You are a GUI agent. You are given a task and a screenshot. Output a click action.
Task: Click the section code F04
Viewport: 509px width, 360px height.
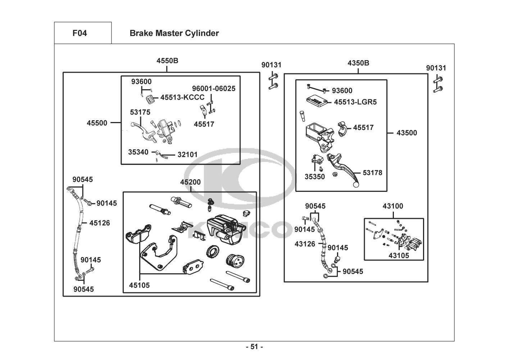pyautogui.click(x=79, y=33)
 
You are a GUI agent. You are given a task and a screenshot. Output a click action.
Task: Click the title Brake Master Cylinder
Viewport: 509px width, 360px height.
pyautogui.click(x=174, y=33)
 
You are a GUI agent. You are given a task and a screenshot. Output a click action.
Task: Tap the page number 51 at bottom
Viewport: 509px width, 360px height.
pyautogui.click(x=254, y=347)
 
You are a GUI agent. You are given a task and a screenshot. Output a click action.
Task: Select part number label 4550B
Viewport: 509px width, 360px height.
pyautogui.click(x=167, y=60)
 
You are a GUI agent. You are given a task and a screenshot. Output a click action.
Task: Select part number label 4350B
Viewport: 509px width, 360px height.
pyautogui.click(x=358, y=63)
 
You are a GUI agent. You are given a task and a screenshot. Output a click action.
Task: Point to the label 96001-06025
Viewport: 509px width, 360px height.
pyautogui.click(x=214, y=89)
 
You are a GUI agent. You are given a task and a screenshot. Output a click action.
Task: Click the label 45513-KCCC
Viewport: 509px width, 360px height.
pyautogui.click(x=182, y=97)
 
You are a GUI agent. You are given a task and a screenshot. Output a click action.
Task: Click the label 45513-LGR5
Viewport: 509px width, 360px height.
pyautogui.click(x=355, y=102)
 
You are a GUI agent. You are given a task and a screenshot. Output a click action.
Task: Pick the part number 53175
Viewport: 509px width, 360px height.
pyautogui.click(x=140, y=112)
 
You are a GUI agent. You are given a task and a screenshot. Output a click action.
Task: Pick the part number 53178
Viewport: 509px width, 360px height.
pyautogui.click(x=372, y=173)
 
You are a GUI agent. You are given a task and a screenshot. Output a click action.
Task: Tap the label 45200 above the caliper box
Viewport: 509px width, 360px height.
pyautogui.click(x=190, y=183)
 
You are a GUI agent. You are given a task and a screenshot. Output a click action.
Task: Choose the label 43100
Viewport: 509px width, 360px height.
pyautogui.click(x=393, y=206)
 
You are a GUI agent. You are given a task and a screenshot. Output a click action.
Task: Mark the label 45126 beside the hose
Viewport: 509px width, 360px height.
pyautogui.click(x=100, y=223)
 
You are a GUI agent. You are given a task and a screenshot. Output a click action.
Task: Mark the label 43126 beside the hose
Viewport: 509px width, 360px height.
pyautogui.click(x=305, y=244)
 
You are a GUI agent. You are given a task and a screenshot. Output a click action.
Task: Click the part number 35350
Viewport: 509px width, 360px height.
pyautogui.click(x=315, y=177)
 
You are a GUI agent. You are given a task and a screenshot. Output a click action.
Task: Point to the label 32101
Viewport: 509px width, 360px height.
pyautogui.click(x=187, y=155)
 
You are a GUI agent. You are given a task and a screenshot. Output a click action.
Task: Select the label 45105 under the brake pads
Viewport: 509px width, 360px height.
pyautogui.click(x=139, y=285)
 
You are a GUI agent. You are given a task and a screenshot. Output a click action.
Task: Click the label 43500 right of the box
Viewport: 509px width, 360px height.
pyautogui.click(x=407, y=133)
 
